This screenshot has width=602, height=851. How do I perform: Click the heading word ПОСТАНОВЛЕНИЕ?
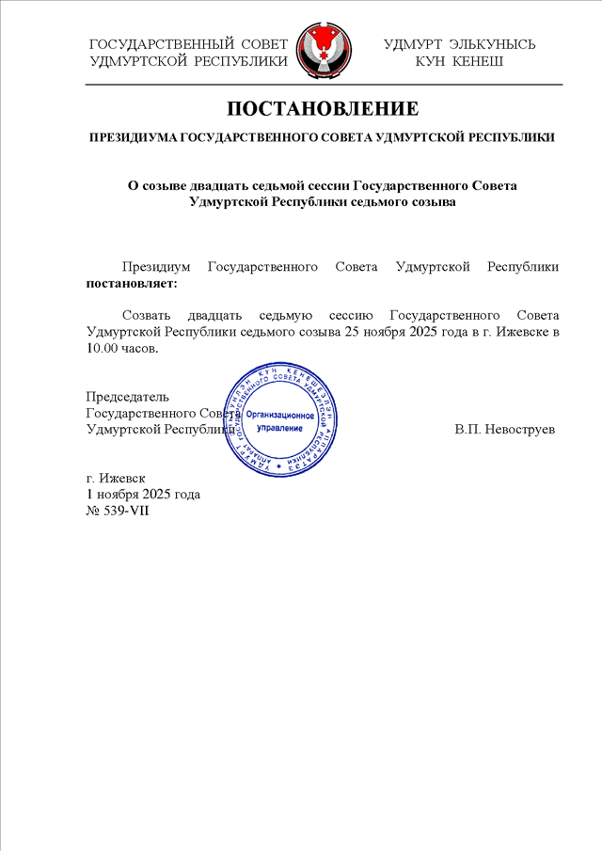point(322,107)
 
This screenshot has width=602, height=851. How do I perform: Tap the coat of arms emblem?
point(323,52)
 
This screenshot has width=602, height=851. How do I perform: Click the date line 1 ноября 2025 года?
point(143,494)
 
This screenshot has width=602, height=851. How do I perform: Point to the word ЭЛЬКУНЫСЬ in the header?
point(493,44)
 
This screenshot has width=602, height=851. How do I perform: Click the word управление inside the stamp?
point(280,427)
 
